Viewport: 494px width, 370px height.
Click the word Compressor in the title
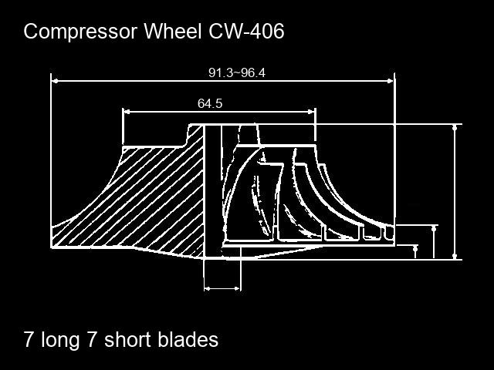pos(80,32)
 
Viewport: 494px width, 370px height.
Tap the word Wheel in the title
pos(173,31)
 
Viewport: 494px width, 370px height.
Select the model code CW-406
pos(246,31)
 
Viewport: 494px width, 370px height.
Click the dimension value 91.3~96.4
pos(237,73)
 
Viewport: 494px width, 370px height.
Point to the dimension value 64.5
pos(210,103)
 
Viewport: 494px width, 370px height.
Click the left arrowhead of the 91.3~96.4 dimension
pos(55,81)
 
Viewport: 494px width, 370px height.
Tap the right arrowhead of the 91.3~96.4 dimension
pos(391,81)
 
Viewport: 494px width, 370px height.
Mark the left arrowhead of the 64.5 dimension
pos(127,111)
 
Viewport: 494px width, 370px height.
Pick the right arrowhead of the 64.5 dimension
pos(311,111)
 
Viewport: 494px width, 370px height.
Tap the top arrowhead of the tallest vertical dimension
pos(455,128)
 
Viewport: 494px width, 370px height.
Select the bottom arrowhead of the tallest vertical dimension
pos(455,256)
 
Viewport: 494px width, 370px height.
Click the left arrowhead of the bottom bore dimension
pos(208,288)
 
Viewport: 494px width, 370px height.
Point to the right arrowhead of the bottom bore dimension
pos(238,288)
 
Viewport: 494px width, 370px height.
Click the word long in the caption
pos(60,341)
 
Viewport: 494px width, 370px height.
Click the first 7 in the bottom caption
pos(29,340)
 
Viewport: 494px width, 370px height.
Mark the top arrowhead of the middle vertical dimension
pos(434,229)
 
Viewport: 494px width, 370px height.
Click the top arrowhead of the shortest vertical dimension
pos(415,248)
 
